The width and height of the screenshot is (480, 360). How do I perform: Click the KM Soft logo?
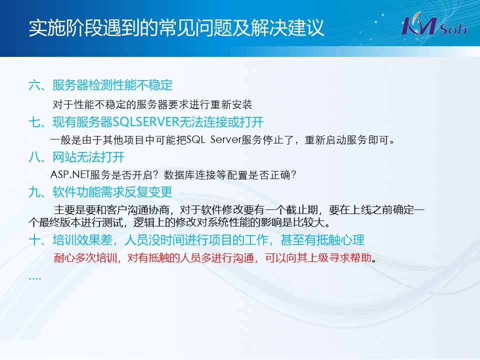pos(434,24)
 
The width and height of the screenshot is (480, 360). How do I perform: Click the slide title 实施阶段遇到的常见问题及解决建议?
pos(176,28)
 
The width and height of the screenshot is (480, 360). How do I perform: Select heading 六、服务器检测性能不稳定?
pos(100,85)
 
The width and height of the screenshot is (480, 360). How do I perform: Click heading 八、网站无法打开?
pos(76,157)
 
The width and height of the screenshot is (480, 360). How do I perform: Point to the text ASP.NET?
pos(70,174)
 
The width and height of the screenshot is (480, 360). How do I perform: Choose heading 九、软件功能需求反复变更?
pos(100,192)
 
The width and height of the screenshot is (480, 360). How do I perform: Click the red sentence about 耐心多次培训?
pos(215,258)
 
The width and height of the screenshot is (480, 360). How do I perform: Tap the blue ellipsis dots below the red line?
pos(35,278)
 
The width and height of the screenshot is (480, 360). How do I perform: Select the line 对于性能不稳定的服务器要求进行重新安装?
pos(152,104)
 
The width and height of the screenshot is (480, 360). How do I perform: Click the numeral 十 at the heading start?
pos(34,240)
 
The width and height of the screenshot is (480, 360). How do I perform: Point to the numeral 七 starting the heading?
pos(34,122)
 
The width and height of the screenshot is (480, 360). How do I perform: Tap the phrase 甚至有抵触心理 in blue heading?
pos(322,240)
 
